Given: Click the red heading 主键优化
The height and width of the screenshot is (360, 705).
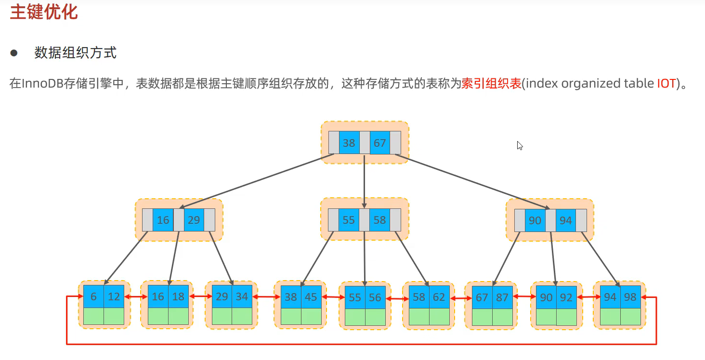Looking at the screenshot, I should coord(44,13).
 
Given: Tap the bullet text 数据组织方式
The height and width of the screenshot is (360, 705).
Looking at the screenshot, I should coord(76,52).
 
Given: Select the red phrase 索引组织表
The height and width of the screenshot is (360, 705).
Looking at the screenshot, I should coord(491,83).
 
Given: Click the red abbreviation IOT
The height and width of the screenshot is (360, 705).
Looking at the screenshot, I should coord(666,83).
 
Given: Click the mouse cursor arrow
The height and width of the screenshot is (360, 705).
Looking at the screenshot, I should coord(520,145).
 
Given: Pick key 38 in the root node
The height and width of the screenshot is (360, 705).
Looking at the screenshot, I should coord(349,143).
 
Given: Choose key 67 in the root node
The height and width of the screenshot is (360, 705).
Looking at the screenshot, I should coord(380,143).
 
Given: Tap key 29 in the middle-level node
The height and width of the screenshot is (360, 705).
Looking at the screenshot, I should coord(194,220).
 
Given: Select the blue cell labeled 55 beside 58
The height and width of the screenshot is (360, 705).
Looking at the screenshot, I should coord(349,220).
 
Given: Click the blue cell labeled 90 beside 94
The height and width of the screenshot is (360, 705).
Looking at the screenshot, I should coord(535,220).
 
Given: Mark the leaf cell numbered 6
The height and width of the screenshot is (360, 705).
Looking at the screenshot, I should coord(93,297).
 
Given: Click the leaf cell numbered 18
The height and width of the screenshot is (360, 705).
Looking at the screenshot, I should coord(178,297).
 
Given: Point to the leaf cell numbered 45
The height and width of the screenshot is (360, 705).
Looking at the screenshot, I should coord(311,297).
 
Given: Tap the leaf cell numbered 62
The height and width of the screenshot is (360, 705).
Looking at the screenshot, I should coord(439,297).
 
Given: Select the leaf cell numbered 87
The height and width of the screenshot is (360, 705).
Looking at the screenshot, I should coord(502,298).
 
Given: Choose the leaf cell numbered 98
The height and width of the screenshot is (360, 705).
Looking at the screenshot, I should coord(630,297).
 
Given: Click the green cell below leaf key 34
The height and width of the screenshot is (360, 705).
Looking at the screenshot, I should coord(242,316).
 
